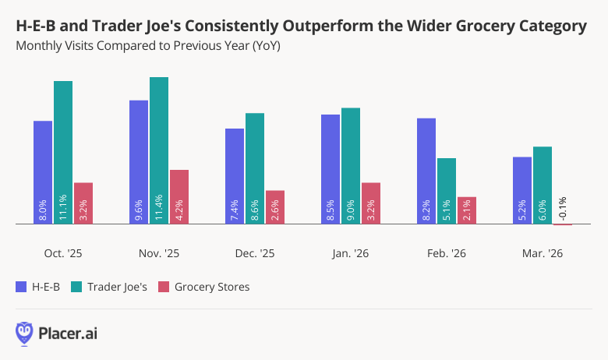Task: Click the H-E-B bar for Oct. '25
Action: (43, 172)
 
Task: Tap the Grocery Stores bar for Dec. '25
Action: (275, 207)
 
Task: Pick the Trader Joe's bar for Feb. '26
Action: (447, 191)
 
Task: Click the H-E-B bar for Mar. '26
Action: (522, 190)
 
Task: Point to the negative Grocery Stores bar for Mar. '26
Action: (563, 225)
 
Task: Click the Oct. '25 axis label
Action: (63, 253)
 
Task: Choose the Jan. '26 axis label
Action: (351, 253)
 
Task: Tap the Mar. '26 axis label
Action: (543, 253)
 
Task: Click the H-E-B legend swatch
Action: (21, 287)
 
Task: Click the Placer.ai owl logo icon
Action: (25, 333)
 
